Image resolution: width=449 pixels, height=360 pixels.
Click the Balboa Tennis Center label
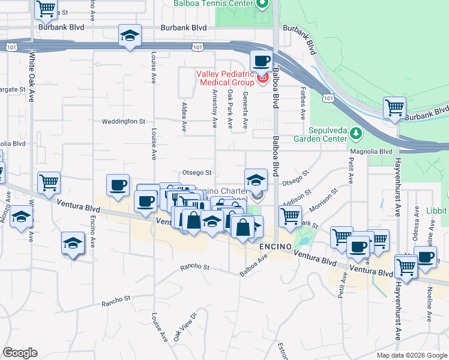212,4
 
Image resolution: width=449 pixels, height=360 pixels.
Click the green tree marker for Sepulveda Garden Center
356,132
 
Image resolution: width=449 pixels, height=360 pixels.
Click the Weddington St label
124,121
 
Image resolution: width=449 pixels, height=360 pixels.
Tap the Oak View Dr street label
184,327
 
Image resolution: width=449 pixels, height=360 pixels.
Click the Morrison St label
324,200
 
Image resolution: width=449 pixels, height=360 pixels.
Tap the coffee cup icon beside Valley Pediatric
261,61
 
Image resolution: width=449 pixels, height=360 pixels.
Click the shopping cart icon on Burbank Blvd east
394,108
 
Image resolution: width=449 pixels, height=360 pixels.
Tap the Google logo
20,353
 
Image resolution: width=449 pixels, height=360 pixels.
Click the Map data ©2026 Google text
412,355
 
